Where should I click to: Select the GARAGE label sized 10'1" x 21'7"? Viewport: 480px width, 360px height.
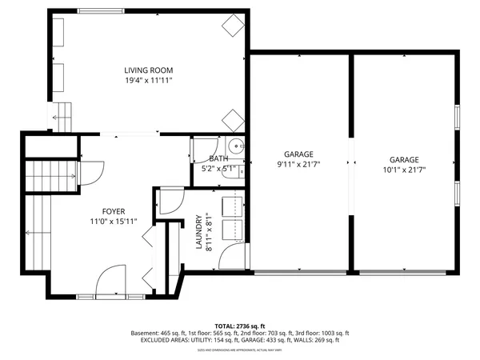404,159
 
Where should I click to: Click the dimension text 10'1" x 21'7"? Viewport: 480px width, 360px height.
404,170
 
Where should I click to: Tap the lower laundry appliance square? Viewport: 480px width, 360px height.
232,229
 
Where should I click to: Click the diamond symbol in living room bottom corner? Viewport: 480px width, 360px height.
233,120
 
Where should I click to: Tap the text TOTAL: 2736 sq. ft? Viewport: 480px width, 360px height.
239,326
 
